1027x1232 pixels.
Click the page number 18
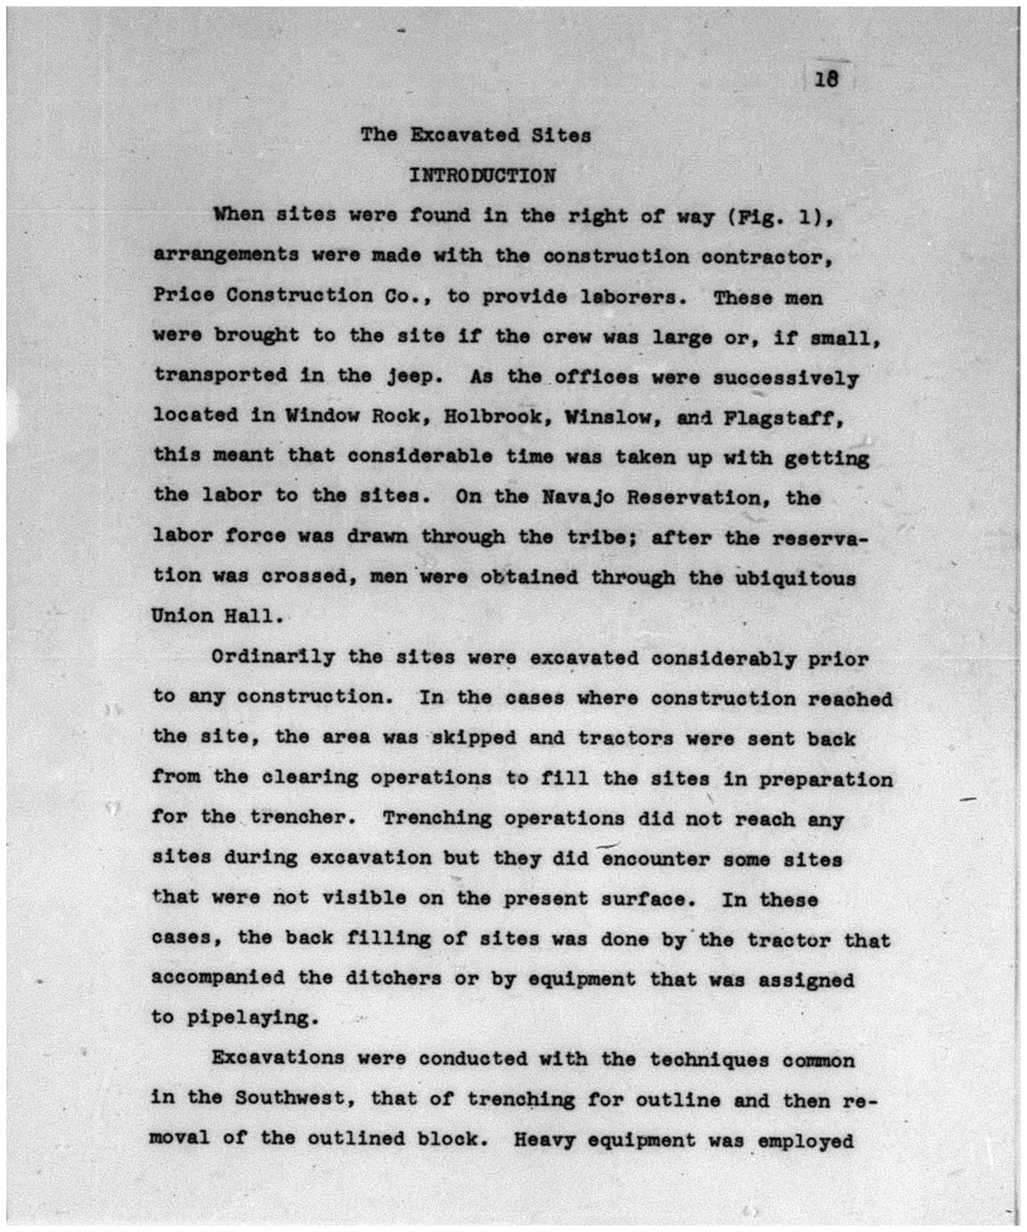click(826, 79)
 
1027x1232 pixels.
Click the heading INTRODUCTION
click(482, 175)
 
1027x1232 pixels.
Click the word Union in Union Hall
click(182, 616)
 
